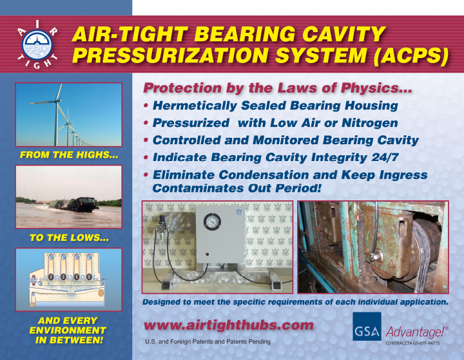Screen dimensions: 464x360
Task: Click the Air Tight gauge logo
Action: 37,45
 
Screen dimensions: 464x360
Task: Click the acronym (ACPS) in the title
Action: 411,55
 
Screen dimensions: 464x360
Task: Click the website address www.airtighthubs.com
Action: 228,325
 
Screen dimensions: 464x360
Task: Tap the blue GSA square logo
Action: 367,327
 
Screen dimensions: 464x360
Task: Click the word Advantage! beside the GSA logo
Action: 417,332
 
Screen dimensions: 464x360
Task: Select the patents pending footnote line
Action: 208,342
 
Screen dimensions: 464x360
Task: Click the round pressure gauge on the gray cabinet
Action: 212,222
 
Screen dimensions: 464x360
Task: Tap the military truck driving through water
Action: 82,204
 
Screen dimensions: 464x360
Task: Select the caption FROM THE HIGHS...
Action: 69,155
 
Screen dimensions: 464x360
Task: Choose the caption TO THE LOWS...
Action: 69,238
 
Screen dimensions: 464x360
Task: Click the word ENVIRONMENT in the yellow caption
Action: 68,330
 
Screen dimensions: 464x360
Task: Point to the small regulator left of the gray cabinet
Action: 161,224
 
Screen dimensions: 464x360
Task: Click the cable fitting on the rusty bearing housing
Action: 375,256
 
